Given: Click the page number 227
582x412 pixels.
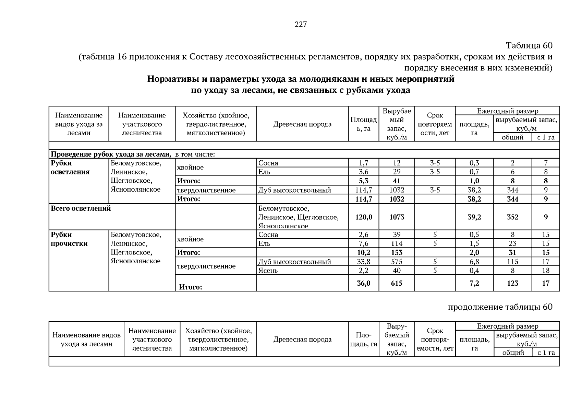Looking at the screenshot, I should (301, 24).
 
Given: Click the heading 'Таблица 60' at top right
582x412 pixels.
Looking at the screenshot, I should (529, 45).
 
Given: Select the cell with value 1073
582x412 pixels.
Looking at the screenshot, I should (397, 217).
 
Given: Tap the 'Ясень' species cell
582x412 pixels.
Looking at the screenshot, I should (268, 271).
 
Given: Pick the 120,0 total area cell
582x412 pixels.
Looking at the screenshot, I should (363, 217).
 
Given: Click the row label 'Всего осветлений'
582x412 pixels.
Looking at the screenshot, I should (81, 208).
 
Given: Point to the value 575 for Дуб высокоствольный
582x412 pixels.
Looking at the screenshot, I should (397, 262).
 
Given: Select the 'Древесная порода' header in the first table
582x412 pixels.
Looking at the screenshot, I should (302, 124).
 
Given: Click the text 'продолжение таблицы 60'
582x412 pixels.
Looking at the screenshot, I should (500, 307).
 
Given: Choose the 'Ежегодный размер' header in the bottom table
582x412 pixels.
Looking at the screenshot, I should (507, 326).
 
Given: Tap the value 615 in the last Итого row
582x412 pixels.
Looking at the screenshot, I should (397, 283).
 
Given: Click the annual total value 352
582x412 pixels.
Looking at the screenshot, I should (512, 217).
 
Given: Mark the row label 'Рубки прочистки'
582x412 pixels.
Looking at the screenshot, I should (69, 239).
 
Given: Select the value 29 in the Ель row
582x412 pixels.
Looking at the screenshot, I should (397, 172).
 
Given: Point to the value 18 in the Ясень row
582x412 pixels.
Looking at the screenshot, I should (546, 271).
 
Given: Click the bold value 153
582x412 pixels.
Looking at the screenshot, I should (397, 253).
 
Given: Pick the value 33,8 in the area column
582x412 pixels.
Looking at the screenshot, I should (363, 262).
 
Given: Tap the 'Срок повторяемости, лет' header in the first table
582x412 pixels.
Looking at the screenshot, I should (435, 124).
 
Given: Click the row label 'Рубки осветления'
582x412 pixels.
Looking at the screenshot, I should (70, 168).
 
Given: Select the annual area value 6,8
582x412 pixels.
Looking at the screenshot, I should (474, 262).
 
